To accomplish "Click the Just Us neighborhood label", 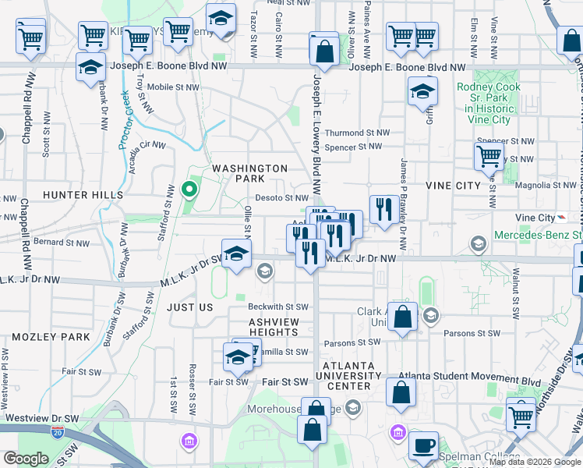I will pos(189,307).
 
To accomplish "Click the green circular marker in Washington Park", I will pos(188,189).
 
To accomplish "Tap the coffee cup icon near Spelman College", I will pos(423,445).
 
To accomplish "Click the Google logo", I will pos(26,459).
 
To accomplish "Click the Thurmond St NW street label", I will pos(355,133).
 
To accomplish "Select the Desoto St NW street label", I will pos(282,198).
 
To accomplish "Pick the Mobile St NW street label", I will pos(173,87).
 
